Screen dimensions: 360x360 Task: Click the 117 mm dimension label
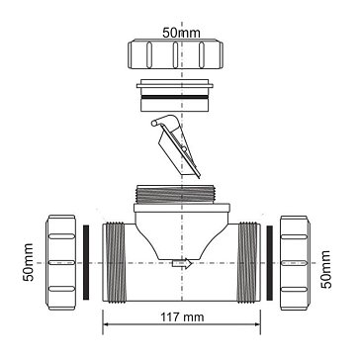coord(182,317)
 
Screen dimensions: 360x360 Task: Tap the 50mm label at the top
coord(181,33)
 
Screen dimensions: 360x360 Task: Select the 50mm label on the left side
coord(29,262)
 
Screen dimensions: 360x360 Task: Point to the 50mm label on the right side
coord(325,269)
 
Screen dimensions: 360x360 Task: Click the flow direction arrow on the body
coord(182,263)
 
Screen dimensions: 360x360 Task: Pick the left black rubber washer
coord(86,262)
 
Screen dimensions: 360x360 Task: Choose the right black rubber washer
coord(270,263)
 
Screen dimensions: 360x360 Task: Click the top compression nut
coord(175,53)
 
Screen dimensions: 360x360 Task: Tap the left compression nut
coord(61,262)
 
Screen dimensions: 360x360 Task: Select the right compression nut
coord(295,263)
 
